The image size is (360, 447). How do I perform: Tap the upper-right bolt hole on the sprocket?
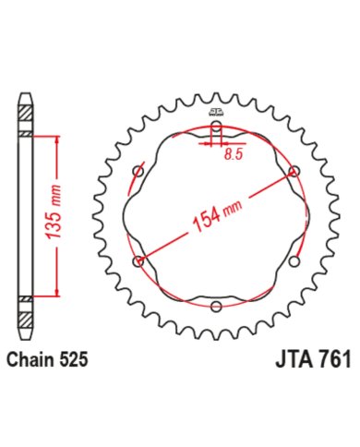tap(294, 172)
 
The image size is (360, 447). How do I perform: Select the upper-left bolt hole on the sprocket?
tap(139, 172)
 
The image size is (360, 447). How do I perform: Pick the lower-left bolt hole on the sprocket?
tap(139, 261)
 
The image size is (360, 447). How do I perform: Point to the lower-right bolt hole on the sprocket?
tap(294, 261)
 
